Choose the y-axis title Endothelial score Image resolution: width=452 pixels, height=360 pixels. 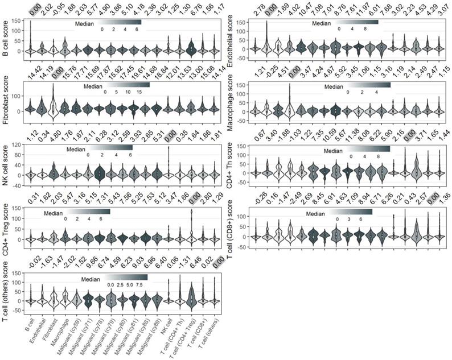coord(232,35)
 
